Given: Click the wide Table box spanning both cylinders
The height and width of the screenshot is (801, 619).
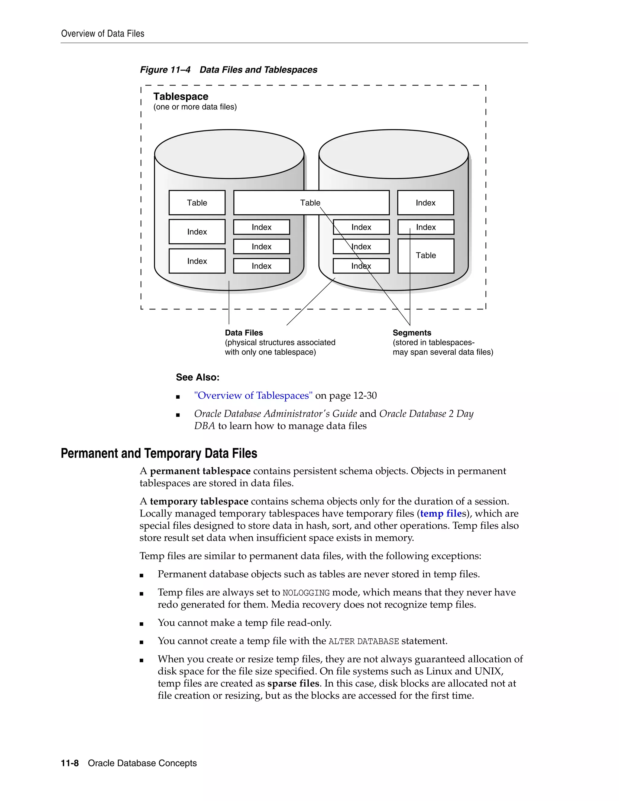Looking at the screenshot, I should coord(311,203).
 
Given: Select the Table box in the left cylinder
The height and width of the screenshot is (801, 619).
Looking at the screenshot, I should coord(197,203).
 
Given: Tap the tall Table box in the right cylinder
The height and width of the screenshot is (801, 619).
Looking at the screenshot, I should coord(426,256).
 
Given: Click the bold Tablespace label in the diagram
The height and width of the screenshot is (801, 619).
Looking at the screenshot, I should coord(181,96).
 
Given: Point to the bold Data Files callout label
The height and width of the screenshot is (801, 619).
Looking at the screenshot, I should coord(244,333).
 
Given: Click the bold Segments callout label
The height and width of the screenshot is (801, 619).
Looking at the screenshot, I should coord(412,333).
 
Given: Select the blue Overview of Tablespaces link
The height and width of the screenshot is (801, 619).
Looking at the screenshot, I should coord(253,396).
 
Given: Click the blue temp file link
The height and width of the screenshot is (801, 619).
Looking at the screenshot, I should coord(440,514).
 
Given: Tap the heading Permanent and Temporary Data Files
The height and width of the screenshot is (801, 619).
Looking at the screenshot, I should coord(159,453).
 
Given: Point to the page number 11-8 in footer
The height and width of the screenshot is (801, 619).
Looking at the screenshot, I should coord(70,763).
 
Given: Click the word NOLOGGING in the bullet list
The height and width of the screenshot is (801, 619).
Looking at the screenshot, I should coord(306,593).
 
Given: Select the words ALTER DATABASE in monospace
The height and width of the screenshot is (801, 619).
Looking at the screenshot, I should coord(363,641).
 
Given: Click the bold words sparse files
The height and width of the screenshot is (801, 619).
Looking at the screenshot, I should coord(293,683).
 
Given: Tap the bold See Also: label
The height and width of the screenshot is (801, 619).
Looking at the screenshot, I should coord(198,378).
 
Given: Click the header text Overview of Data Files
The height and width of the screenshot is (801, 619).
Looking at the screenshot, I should coord(103,34).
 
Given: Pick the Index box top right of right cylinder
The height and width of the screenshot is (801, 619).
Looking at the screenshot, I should coord(425,203).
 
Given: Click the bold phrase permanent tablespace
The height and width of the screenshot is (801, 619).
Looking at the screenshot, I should coord(200,471).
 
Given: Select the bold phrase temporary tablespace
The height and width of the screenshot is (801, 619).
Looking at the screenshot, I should coord(199,501).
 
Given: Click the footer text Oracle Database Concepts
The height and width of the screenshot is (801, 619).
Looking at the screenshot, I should coord(142,763).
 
